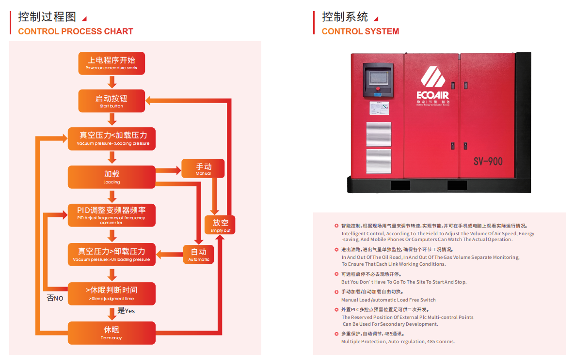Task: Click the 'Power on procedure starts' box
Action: (x=112, y=63)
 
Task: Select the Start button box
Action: (x=112, y=101)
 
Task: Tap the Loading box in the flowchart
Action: (x=112, y=177)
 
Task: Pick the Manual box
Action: (x=203, y=168)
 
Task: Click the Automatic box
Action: (x=199, y=255)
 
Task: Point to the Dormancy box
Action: (x=112, y=333)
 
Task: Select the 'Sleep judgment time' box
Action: (x=112, y=293)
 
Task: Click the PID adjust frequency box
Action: (x=112, y=215)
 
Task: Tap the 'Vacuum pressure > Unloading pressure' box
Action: (x=112, y=255)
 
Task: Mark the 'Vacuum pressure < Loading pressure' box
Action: (x=112, y=138)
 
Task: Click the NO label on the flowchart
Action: (x=55, y=298)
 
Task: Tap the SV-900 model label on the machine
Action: (x=488, y=161)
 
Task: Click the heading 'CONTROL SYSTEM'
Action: (x=360, y=31)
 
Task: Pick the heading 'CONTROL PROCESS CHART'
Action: (x=75, y=31)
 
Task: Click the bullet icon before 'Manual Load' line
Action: (x=336, y=292)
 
